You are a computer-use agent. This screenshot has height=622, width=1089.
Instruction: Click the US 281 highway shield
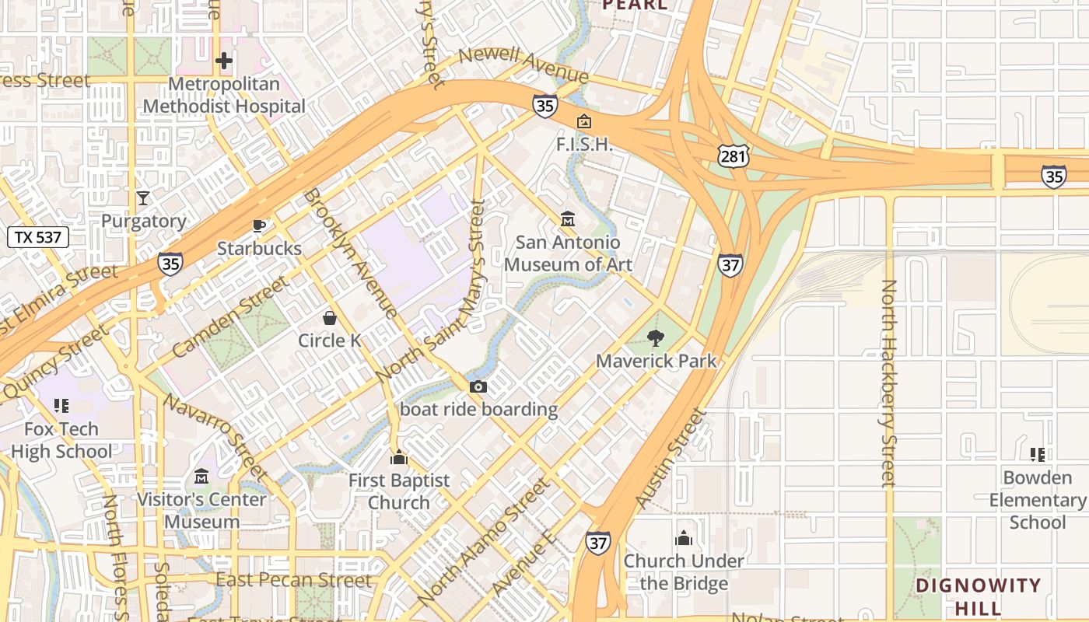coord(733,156)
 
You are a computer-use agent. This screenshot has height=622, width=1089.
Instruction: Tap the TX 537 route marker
coord(38,237)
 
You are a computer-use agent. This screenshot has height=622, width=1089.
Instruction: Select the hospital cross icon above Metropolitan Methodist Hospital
coord(224,61)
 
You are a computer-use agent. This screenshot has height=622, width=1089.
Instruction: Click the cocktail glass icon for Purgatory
coord(143,197)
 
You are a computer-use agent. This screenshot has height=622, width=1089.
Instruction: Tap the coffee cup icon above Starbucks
coord(259,225)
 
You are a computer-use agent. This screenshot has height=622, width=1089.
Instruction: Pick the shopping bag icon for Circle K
coord(330,318)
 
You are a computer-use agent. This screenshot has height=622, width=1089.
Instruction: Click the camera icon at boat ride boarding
coord(478,386)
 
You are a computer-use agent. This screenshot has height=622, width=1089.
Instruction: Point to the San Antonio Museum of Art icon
coord(568,219)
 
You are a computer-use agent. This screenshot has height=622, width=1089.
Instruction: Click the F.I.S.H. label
coord(585,145)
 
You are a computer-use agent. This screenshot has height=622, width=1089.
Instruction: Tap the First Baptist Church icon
coord(399,457)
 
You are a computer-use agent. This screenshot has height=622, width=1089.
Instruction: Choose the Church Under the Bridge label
coord(684,571)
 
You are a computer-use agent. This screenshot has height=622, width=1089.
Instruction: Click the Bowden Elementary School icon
coord(1037,454)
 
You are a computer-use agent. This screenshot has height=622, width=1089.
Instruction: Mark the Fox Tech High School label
coord(61,440)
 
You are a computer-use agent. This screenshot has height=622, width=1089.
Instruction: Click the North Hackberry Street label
coord(888,383)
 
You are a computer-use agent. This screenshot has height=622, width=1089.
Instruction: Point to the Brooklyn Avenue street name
coord(351,253)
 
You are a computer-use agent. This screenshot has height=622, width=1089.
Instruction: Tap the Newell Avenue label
coord(523,65)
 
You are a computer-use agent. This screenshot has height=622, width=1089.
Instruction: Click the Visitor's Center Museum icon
coord(201,476)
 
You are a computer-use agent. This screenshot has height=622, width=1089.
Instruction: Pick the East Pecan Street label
coord(294,581)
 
